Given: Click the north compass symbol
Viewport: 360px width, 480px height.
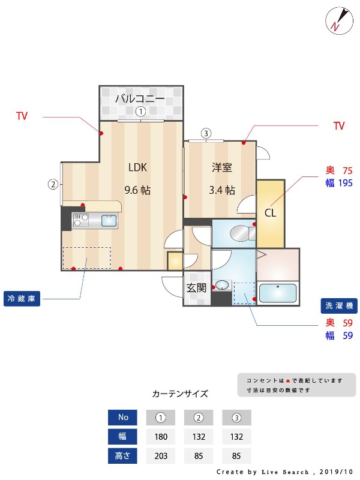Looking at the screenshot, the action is coord(339,20).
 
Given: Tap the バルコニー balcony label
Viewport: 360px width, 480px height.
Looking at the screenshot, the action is coord(140,98).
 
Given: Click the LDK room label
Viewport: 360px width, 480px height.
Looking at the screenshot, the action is coord(137,167).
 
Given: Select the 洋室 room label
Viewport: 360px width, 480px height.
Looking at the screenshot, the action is coord(222,167).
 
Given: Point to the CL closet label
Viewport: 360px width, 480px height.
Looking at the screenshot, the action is coord(270,212).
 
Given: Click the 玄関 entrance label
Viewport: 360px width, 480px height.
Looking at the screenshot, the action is coord(196,288).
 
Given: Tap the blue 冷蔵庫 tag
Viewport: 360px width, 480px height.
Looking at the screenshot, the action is coord(22,298).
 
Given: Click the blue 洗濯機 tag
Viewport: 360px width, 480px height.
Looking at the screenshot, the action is coord(339,305).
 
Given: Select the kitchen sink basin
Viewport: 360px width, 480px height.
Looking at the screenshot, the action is coord(109,220).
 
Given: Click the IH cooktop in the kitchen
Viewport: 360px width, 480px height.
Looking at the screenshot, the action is coord(81,220).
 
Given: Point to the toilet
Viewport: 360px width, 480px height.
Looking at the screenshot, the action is coord(242,233).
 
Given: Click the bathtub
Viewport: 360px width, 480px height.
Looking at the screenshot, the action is coord(278,293).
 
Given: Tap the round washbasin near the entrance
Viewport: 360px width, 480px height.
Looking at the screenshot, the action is coord(222,286).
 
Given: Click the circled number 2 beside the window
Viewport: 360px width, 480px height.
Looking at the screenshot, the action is coord(53,184).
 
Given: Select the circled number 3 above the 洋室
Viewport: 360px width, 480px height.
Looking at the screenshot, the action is coord(206,133).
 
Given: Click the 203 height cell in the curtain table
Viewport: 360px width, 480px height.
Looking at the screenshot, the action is coord(161,456).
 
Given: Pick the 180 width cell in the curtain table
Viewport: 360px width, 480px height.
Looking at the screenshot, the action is coord(161,437).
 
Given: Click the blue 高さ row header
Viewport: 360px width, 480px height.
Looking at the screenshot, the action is coord(122,456).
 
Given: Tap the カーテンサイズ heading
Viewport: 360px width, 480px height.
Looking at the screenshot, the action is coord(180,394).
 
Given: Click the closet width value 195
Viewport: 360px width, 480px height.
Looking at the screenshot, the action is coord(346,183).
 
